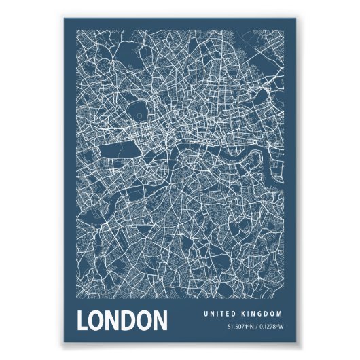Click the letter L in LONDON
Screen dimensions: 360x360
(x=84, y=322)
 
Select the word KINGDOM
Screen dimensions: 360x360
(x=263, y=314)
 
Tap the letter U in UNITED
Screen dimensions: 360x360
(x=205, y=314)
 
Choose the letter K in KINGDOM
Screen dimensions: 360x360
(x=244, y=314)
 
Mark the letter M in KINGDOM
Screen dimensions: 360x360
(x=281, y=314)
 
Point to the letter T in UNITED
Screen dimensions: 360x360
(x=221, y=314)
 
